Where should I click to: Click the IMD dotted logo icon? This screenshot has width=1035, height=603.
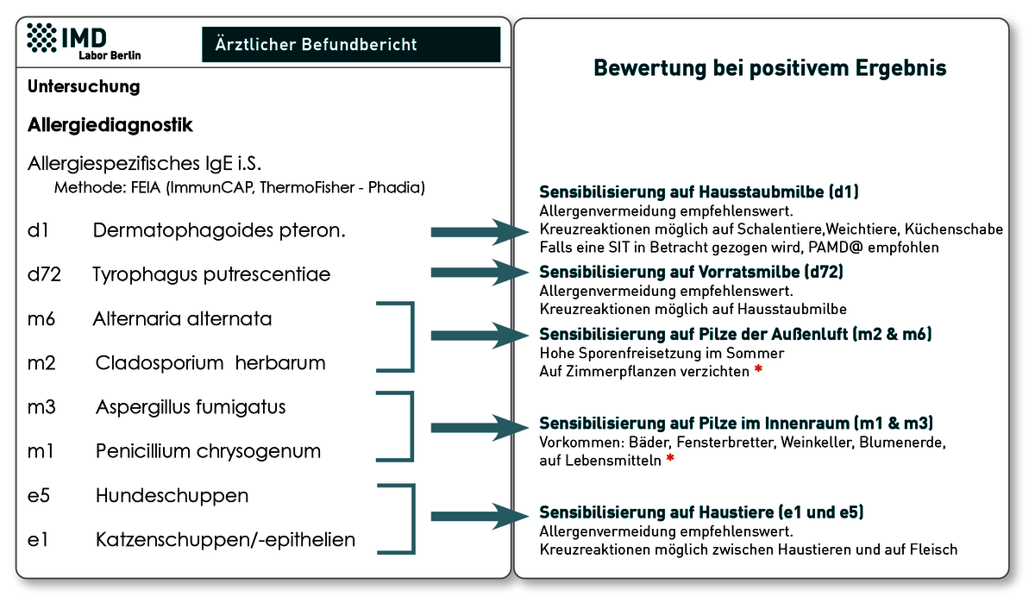click(x=41, y=37)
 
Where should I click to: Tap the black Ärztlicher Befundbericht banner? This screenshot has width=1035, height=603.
click(x=351, y=44)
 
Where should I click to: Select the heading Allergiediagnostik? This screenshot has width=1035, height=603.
click(x=110, y=125)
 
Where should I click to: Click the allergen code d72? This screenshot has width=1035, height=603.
click(x=44, y=274)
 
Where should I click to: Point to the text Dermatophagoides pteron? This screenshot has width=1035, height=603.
click(x=219, y=230)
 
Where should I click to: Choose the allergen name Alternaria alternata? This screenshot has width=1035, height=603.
click(x=182, y=319)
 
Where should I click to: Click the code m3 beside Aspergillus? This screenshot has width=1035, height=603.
click(x=41, y=407)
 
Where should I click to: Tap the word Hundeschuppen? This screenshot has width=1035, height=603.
click(x=172, y=495)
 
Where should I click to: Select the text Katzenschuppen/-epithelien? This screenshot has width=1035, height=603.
click(x=225, y=540)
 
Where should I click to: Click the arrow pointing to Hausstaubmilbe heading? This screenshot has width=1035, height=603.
click(x=480, y=232)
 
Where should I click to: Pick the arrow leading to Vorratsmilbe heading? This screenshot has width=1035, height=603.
click(x=480, y=272)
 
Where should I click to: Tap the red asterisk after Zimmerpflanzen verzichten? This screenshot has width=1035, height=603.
click(x=758, y=369)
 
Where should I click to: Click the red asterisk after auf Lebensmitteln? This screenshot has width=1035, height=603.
click(x=670, y=458)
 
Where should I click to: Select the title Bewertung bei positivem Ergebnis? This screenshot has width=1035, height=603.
click(x=770, y=68)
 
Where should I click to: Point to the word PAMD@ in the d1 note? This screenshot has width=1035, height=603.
click(x=836, y=248)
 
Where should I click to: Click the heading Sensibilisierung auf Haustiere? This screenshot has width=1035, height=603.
click(x=701, y=512)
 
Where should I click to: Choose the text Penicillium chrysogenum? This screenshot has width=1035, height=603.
click(x=208, y=451)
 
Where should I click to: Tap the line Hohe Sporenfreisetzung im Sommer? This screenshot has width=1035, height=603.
click(x=662, y=353)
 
